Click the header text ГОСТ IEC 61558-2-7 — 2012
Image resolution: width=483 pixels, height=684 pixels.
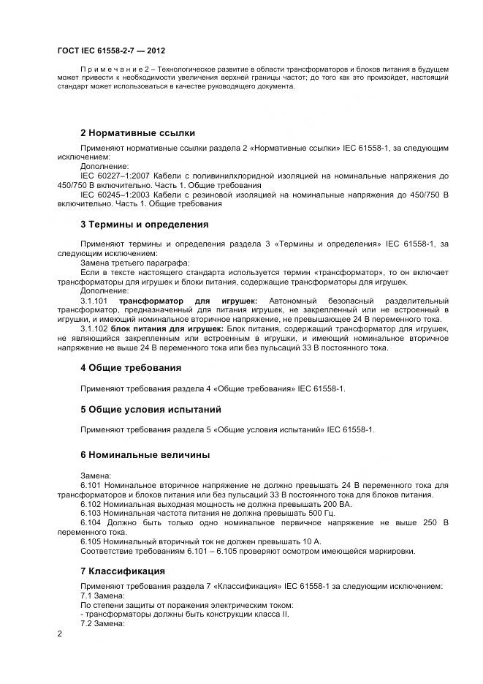pos(110,50)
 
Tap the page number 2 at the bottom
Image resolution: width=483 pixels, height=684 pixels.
pos(59,634)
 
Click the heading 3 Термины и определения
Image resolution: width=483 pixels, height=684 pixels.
pos(144,225)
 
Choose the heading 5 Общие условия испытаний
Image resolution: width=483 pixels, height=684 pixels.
pos(151,409)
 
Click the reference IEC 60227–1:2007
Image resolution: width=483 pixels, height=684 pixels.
pos(115,176)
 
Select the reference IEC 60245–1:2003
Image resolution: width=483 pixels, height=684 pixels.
pos(115,195)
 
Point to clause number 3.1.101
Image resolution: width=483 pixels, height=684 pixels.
pos(94,301)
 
